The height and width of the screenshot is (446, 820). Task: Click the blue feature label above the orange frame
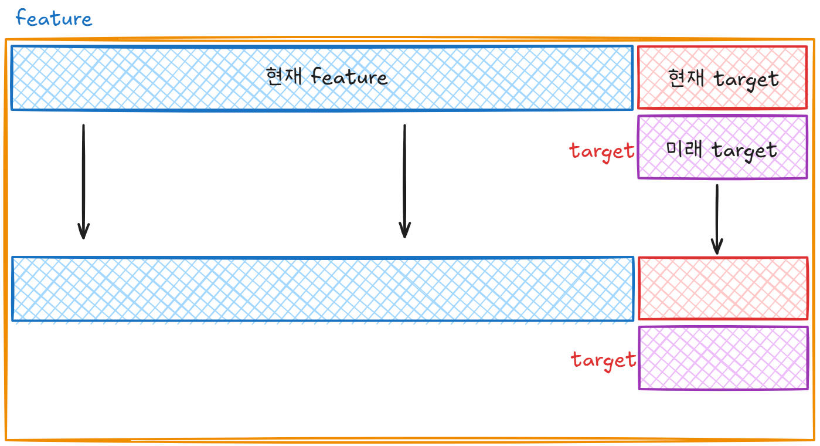[x=53, y=18]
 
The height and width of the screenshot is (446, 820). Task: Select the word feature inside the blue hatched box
[x=349, y=77]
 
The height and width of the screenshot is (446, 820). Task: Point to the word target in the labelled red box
[x=746, y=79]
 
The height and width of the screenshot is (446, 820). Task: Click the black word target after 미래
[x=744, y=150]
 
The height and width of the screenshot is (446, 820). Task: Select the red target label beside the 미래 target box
[x=602, y=151]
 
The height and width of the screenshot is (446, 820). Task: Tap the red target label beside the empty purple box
[x=604, y=359]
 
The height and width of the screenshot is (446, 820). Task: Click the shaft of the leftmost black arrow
[x=83, y=176]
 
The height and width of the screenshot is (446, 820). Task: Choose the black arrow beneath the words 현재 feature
[x=404, y=176]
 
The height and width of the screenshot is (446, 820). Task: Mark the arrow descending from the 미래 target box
[x=717, y=217]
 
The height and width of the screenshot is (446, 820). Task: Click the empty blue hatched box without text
[x=322, y=289]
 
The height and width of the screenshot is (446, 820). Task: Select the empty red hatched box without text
[x=723, y=288]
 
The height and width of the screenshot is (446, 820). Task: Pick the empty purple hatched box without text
[x=723, y=358]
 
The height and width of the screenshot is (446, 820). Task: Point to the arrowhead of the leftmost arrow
[x=83, y=233]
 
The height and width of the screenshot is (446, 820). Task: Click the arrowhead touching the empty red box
[x=717, y=248]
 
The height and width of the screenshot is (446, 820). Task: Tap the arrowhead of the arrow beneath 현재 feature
[x=404, y=232]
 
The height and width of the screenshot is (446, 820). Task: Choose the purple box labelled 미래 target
[x=722, y=167]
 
